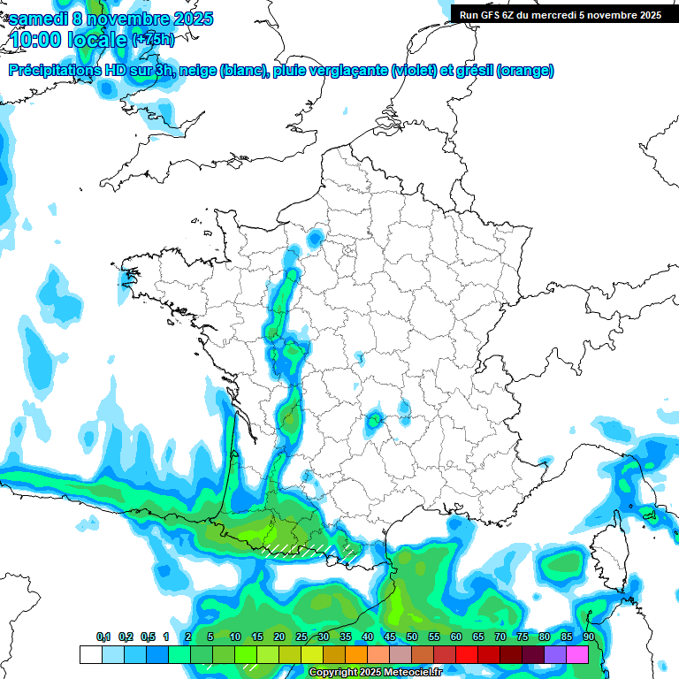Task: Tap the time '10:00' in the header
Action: coord(39,40)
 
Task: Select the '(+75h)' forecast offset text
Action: coord(153,40)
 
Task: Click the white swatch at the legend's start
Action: coord(90,655)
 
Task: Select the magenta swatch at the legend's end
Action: coord(577,655)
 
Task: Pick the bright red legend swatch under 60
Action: coord(467,655)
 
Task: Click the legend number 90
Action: coord(589,637)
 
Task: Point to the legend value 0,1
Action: coord(103,637)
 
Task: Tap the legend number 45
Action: coord(390,637)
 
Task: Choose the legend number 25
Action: coord(301,637)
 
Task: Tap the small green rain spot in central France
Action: coord(375,419)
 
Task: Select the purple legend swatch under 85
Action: coord(555,655)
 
